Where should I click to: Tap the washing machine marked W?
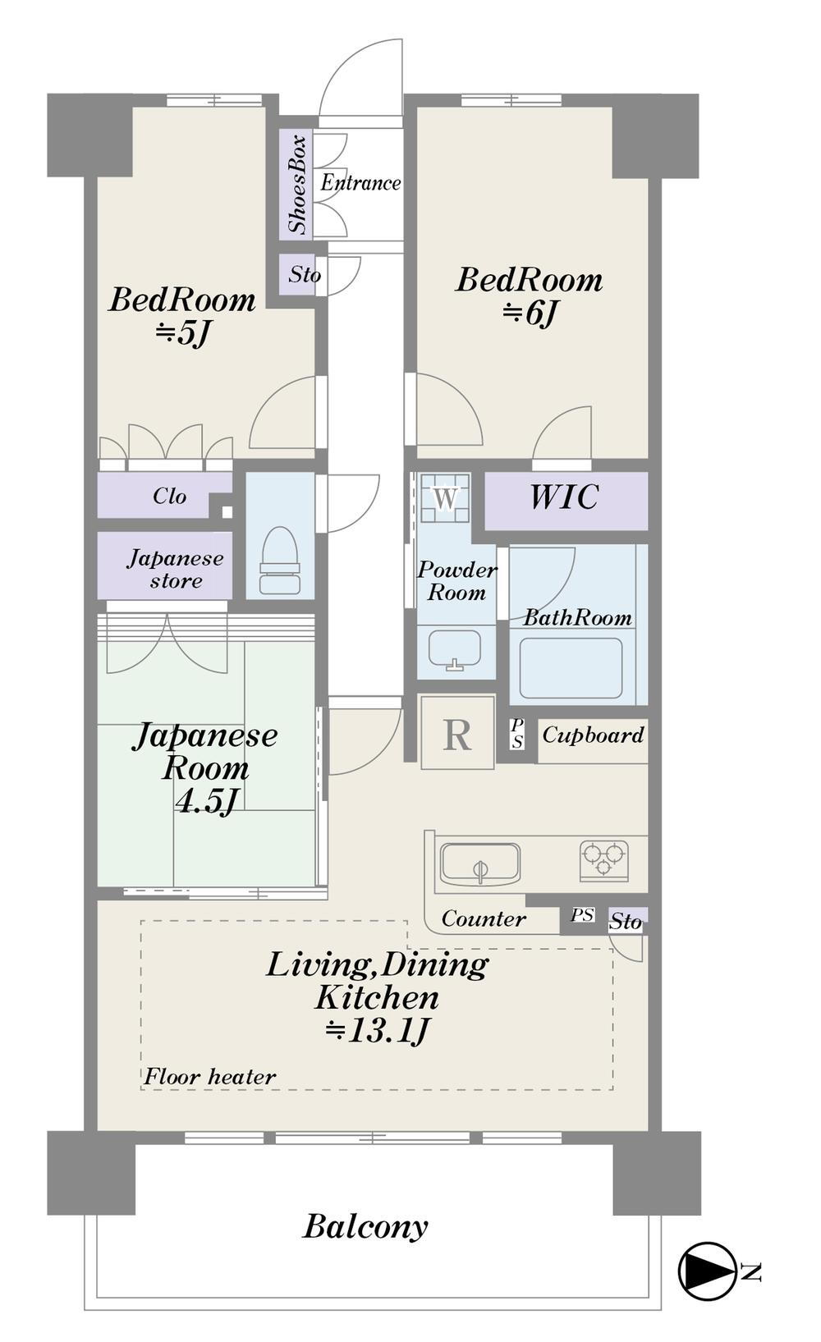[x=444, y=497]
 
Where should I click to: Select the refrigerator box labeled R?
[x=457, y=732]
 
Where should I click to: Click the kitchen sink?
[x=480, y=863]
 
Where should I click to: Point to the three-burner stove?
[x=604, y=861]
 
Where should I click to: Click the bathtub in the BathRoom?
[x=571, y=668]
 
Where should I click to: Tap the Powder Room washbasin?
[x=455, y=649]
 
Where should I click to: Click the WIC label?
[x=564, y=497]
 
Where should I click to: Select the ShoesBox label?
[x=298, y=184]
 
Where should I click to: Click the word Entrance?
[x=360, y=182]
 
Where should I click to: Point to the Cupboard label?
[x=594, y=735]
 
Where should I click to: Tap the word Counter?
[x=484, y=918]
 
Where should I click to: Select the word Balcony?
[x=365, y=1225]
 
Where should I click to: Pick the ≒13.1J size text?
[x=378, y=1030]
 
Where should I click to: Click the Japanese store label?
[x=175, y=569]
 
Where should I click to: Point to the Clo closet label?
[x=170, y=496]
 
